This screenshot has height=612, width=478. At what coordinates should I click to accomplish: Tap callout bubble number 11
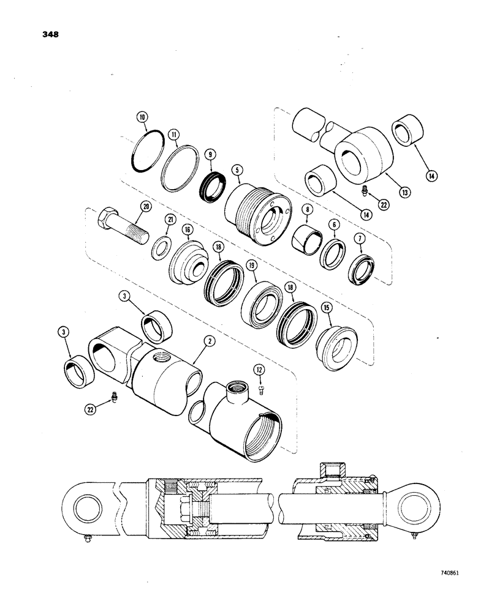(x=174, y=132)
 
